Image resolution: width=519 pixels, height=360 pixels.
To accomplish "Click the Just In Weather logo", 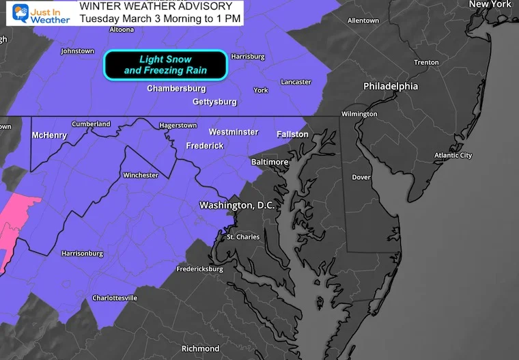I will [38, 13].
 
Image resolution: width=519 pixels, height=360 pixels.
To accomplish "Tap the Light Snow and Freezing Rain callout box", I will [165, 65].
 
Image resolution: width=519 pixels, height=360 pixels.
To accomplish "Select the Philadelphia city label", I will [390, 87].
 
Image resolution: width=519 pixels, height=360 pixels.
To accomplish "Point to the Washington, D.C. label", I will [236, 205].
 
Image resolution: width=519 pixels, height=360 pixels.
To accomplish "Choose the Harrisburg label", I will [247, 56].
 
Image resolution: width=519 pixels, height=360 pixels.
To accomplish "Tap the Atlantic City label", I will [453, 156].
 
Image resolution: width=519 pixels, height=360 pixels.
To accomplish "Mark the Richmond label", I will [200, 349].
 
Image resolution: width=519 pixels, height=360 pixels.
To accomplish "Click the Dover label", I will [361, 177].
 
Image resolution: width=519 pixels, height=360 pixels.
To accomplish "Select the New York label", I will [490, 5].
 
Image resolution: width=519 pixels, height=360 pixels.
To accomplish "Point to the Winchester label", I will [140, 176].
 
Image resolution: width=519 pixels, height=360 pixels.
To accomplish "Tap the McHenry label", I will [49, 135].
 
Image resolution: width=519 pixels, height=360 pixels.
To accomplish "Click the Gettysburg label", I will [214, 102].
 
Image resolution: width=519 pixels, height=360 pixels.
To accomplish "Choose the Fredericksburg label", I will [199, 269].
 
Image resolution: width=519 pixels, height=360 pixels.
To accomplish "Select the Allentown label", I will [363, 21].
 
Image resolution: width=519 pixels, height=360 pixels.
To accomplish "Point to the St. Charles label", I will [242, 237].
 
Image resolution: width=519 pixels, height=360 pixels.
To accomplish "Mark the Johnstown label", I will [77, 51].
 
